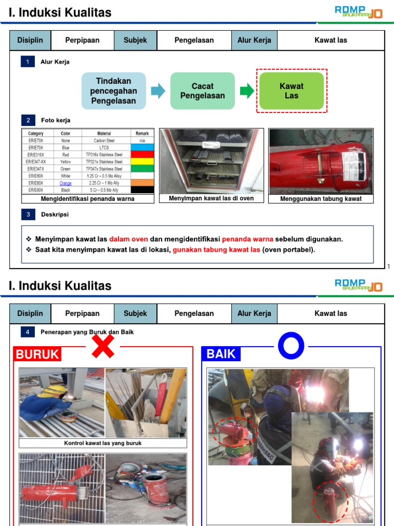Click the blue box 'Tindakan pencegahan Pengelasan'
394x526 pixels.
(x=113, y=91)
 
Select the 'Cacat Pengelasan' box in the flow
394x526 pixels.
(x=202, y=91)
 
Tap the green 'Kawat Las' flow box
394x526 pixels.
(x=291, y=91)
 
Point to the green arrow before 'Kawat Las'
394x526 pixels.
(x=247, y=91)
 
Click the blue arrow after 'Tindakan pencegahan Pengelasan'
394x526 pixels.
(x=158, y=91)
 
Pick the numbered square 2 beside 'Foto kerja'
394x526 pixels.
(x=28, y=120)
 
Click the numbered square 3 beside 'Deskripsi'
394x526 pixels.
(x=28, y=214)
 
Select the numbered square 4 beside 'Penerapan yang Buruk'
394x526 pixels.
(x=28, y=332)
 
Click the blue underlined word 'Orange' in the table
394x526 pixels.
(x=65, y=183)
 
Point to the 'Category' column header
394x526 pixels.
(x=36, y=134)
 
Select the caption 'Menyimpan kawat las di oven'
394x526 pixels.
(x=211, y=198)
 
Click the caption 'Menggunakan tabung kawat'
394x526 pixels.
(x=321, y=199)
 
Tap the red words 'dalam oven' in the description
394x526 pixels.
(x=128, y=239)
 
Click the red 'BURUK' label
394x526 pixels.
(x=37, y=354)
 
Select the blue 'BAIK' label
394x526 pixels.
(x=221, y=353)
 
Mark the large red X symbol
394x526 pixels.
(x=103, y=345)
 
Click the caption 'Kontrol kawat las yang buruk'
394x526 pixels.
(x=103, y=443)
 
